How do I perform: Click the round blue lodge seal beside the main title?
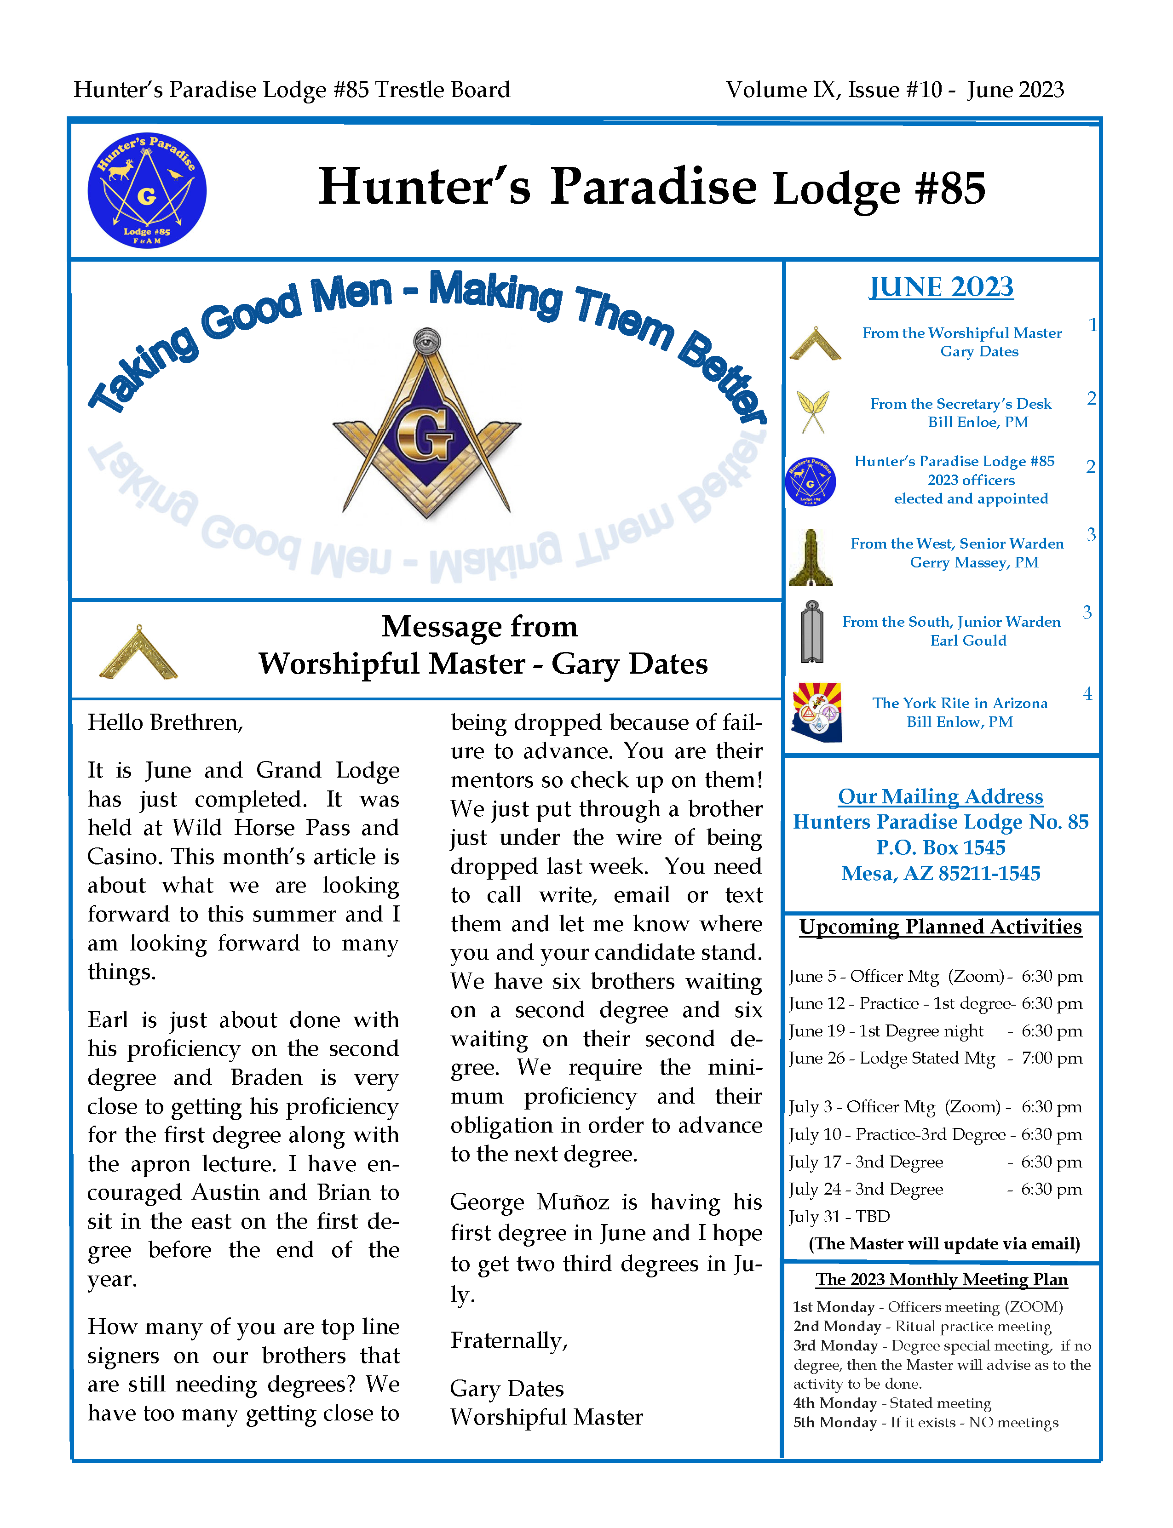point(147,190)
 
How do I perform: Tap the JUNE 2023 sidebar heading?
point(941,287)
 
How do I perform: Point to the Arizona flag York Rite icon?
point(816,711)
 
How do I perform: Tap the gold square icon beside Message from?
point(138,652)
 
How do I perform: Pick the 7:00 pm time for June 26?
point(1052,1058)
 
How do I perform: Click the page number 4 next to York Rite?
point(1087,693)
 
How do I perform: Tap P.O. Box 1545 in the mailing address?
point(941,847)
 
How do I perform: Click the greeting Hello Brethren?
point(165,722)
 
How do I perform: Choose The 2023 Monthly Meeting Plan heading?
point(941,1280)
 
